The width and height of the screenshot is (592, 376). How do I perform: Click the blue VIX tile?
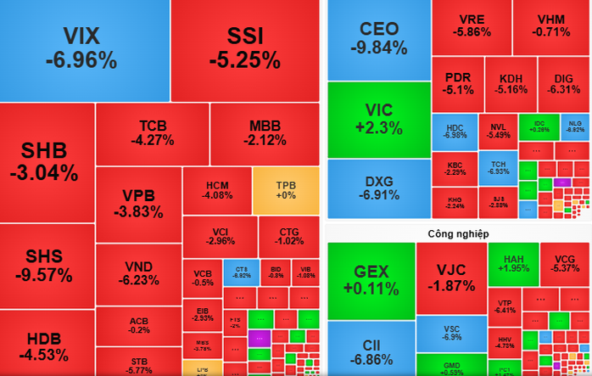82,48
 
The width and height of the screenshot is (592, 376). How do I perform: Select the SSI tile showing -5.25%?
245,48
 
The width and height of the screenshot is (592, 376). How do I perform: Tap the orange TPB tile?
286,190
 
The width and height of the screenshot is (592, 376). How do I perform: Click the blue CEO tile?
378,38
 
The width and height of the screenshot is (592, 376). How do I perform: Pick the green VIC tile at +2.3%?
378,119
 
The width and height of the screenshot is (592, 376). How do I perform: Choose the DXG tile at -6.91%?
378,188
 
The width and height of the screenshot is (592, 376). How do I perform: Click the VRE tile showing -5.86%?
471,26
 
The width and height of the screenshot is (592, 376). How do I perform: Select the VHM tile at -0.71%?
551,26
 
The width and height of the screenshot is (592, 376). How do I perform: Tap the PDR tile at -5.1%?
458,83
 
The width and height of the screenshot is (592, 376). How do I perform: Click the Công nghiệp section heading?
457,233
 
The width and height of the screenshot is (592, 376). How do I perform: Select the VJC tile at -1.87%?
450,278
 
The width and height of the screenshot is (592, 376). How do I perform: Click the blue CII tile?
371,348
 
